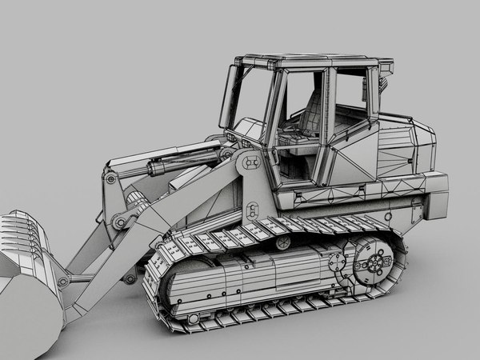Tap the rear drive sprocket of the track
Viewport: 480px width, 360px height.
click(373, 264)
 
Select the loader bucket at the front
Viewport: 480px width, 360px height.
click(28, 272)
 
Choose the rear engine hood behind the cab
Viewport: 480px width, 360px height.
click(404, 148)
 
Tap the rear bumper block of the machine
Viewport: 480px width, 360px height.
click(436, 196)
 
